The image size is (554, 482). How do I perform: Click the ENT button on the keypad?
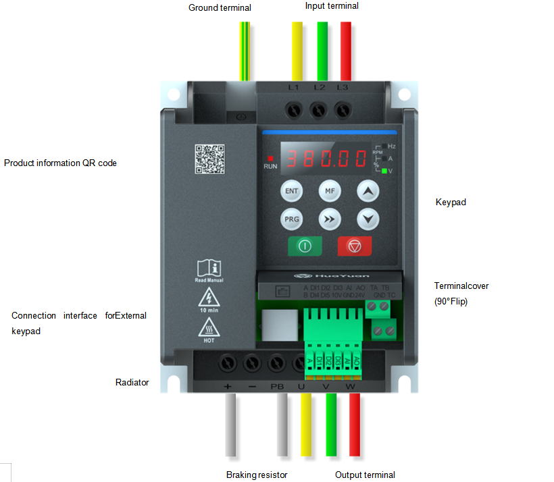click(291, 192)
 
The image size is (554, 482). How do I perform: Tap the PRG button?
click(291, 219)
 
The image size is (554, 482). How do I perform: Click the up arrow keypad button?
click(368, 192)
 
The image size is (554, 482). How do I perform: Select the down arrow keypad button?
click(368, 219)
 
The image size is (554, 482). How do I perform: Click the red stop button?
click(355, 246)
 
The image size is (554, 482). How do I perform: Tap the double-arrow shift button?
click(330, 219)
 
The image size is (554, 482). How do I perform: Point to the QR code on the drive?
click(209, 159)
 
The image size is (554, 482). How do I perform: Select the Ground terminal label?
click(220, 8)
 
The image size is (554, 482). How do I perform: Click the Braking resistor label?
click(257, 475)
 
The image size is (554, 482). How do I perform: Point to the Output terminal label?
click(365, 475)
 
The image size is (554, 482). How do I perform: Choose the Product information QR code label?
click(60, 163)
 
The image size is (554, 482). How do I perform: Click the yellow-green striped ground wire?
click(245, 51)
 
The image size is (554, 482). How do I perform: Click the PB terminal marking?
click(277, 387)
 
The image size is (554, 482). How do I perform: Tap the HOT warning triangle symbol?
click(208, 328)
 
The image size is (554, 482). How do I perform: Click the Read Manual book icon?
click(209, 268)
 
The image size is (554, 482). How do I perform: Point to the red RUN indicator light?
click(270, 157)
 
